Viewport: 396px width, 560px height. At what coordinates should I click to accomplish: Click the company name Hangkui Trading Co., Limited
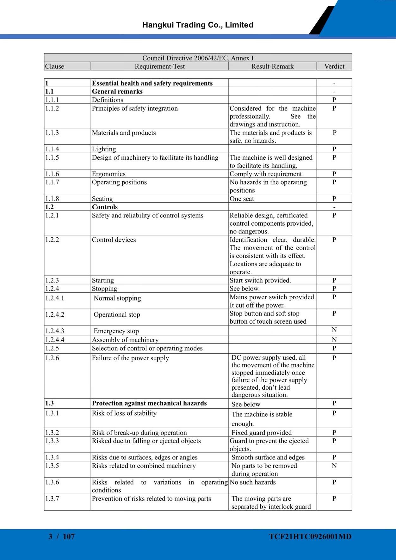click(198, 25)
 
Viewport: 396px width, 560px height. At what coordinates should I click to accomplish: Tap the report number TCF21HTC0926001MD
click(310, 536)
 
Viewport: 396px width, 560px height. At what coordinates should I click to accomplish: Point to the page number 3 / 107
click(62, 536)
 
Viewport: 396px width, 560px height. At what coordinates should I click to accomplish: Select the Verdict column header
click(334, 66)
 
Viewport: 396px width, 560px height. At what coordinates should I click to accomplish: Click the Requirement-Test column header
click(160, 66)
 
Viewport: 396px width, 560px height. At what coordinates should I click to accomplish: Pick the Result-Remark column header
click(272, 66)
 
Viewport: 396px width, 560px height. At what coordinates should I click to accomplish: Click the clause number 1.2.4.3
click(55, 331)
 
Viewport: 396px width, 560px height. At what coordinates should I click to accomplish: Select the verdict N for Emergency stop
click(334, 330)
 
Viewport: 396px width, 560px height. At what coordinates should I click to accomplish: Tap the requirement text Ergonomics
click(108, 174)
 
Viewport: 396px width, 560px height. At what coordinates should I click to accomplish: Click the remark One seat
click(242, 199)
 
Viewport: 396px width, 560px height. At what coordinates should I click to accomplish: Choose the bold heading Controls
click(105, 207)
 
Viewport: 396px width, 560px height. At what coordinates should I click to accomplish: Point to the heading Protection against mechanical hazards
click(149, 403)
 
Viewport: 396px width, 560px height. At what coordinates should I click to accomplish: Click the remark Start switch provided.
click(260, 280)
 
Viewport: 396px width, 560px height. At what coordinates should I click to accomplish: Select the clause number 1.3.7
click(52, 498)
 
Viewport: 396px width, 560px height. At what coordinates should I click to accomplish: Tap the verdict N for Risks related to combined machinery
click(334, 466)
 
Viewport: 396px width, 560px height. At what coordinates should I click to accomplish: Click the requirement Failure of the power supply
click(130, 358)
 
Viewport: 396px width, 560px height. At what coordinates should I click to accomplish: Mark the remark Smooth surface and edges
click(268, 457)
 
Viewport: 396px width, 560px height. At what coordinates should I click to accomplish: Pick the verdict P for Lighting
click(334, 149)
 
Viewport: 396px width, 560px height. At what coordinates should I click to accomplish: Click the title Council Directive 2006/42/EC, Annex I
click(198, 58)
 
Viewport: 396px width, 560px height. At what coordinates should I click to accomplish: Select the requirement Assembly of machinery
click(125, 340)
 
